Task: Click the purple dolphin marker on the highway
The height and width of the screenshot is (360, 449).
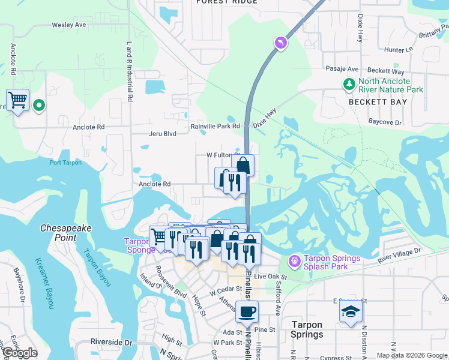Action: click(280, 43)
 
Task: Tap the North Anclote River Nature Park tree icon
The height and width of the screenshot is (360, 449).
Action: click(349, 85)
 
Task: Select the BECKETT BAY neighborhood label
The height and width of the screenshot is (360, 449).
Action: click(378, 102)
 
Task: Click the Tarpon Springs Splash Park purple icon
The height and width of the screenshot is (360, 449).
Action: click(294, 262)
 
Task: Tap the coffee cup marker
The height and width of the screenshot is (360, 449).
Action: click(247, 312)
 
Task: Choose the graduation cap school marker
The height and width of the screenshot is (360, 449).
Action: click(351, 312)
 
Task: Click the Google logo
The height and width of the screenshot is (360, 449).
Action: click(20, 353)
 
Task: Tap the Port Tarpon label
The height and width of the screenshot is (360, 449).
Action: click(65, 163)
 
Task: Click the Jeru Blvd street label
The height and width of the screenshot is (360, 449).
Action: click(162, 134)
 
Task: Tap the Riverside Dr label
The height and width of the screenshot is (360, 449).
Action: click(111, 342)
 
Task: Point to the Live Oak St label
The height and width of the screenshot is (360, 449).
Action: click(271, 277)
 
